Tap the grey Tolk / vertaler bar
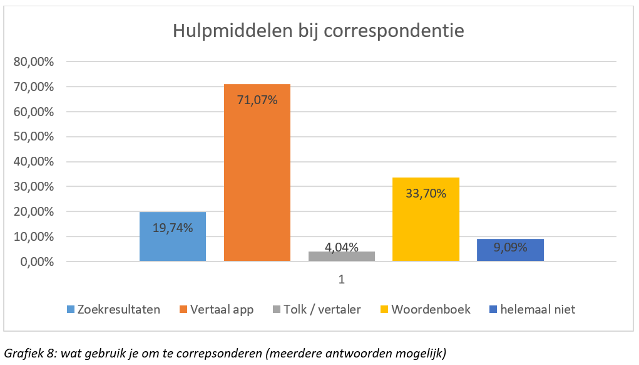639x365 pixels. (x=342, y=257)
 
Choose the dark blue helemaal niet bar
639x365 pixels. (x=510, y=250)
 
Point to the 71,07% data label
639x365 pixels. (x=257, y=99)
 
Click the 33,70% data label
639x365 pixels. (x=426, y=193)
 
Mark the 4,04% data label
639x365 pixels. (x=342, y=247)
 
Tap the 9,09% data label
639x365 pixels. (x=510, y=247)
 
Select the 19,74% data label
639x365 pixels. (x=172, y=227)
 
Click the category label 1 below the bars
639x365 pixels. (x=342, y=280)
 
